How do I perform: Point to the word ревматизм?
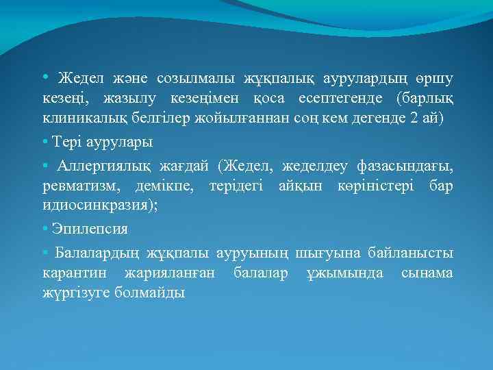coord(77,186)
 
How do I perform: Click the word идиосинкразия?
coord(97,206)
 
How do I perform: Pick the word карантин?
coord(72,273)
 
